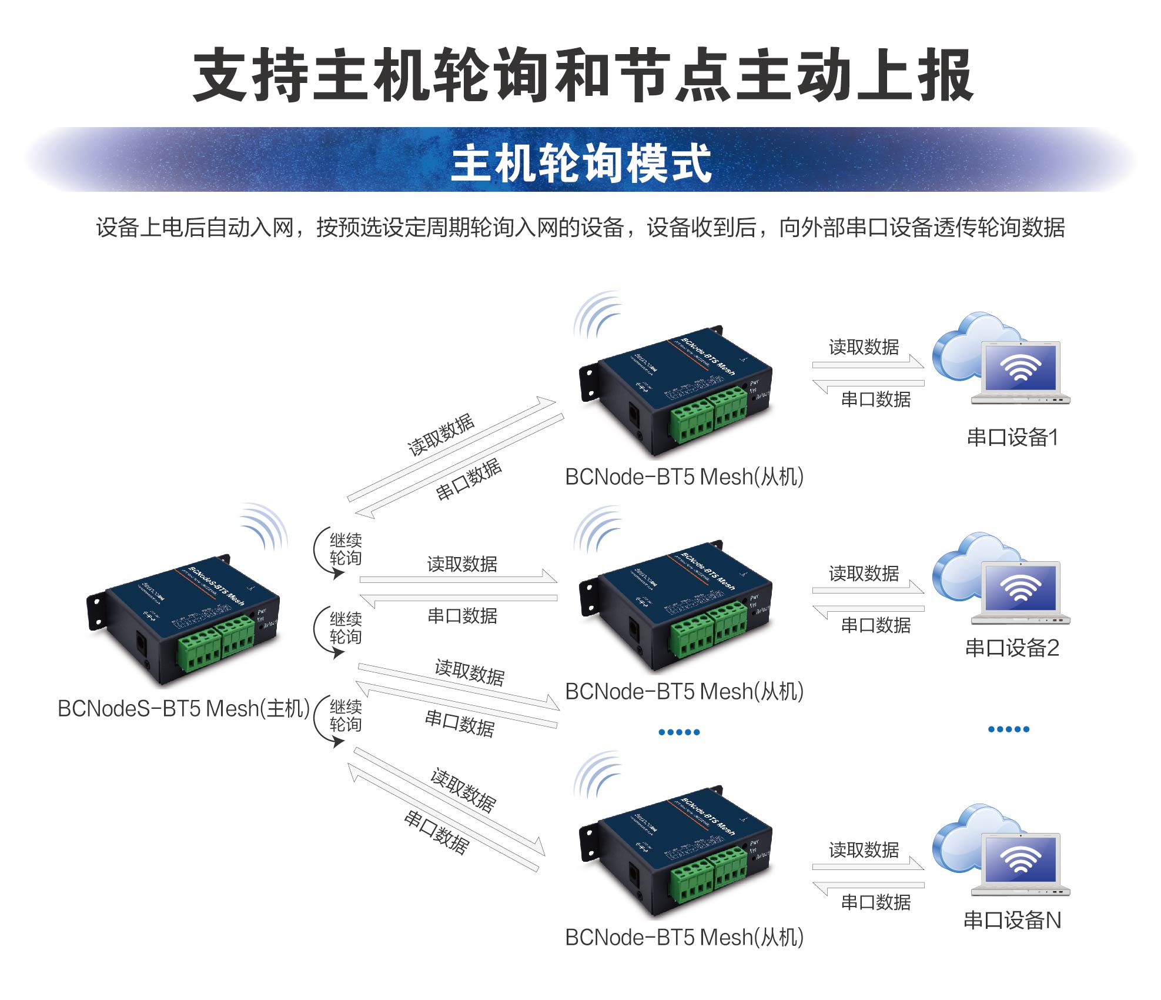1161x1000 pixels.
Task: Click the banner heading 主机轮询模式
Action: (x=581, y=163)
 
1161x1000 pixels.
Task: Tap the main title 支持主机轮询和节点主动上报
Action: (x=582, y=75)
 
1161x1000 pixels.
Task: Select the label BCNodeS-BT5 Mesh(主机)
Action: (x=183, y=708)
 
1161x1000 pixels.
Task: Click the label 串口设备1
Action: (x=1012, y=437)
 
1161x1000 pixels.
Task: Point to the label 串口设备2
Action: (x=1012, y=648)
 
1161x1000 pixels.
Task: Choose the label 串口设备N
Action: (x=1012, y=920)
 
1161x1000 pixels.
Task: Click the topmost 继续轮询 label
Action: (x=346, y=549)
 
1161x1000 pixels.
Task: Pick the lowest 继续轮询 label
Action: (x=346, y=715)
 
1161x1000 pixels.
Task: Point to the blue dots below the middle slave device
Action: (x=679, y=732)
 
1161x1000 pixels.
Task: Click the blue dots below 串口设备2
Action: (x=1008, y=729)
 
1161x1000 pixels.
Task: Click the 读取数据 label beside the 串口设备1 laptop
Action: (x=864, y=347)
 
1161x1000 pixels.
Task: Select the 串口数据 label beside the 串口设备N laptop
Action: (x=875, y=902)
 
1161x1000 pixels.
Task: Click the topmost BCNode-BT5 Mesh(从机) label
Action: (x=684, y=476)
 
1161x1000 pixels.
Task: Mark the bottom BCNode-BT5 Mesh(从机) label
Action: (x=684, y=937)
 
